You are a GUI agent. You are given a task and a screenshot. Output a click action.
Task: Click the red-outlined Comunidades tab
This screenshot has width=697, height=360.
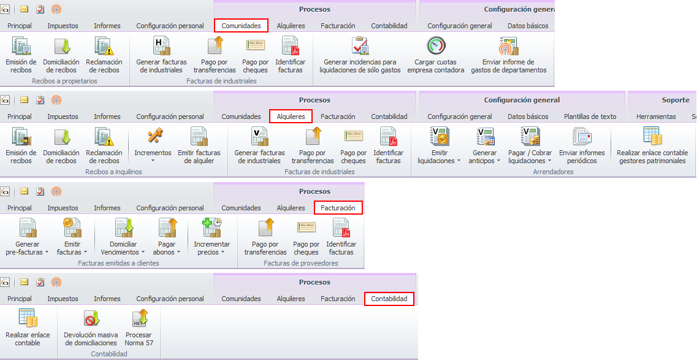pyautogui.click(x=241, y=26)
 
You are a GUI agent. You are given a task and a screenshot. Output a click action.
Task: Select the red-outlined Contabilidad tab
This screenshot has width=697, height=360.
pyautogui.click(x=389, y=299)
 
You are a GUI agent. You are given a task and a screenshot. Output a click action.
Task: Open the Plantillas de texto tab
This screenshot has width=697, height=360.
pyautogui.click(x=590, y=117)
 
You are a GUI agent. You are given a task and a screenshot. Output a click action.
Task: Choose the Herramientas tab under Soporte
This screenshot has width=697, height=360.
pyautogui.click(x=656, y=117)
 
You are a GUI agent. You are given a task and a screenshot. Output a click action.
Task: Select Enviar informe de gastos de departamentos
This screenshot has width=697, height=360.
pyautogui.click(x=508, y=55)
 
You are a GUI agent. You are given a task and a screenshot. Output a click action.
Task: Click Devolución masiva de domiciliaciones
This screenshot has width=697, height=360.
pyautogui.click(x=91, y=327)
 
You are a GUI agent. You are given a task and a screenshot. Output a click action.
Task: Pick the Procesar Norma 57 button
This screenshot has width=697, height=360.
pyautogui.click(x=139, y=327)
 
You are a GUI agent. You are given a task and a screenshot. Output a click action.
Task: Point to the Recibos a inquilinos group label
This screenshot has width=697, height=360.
pyautogui.click(x=113, y=172)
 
